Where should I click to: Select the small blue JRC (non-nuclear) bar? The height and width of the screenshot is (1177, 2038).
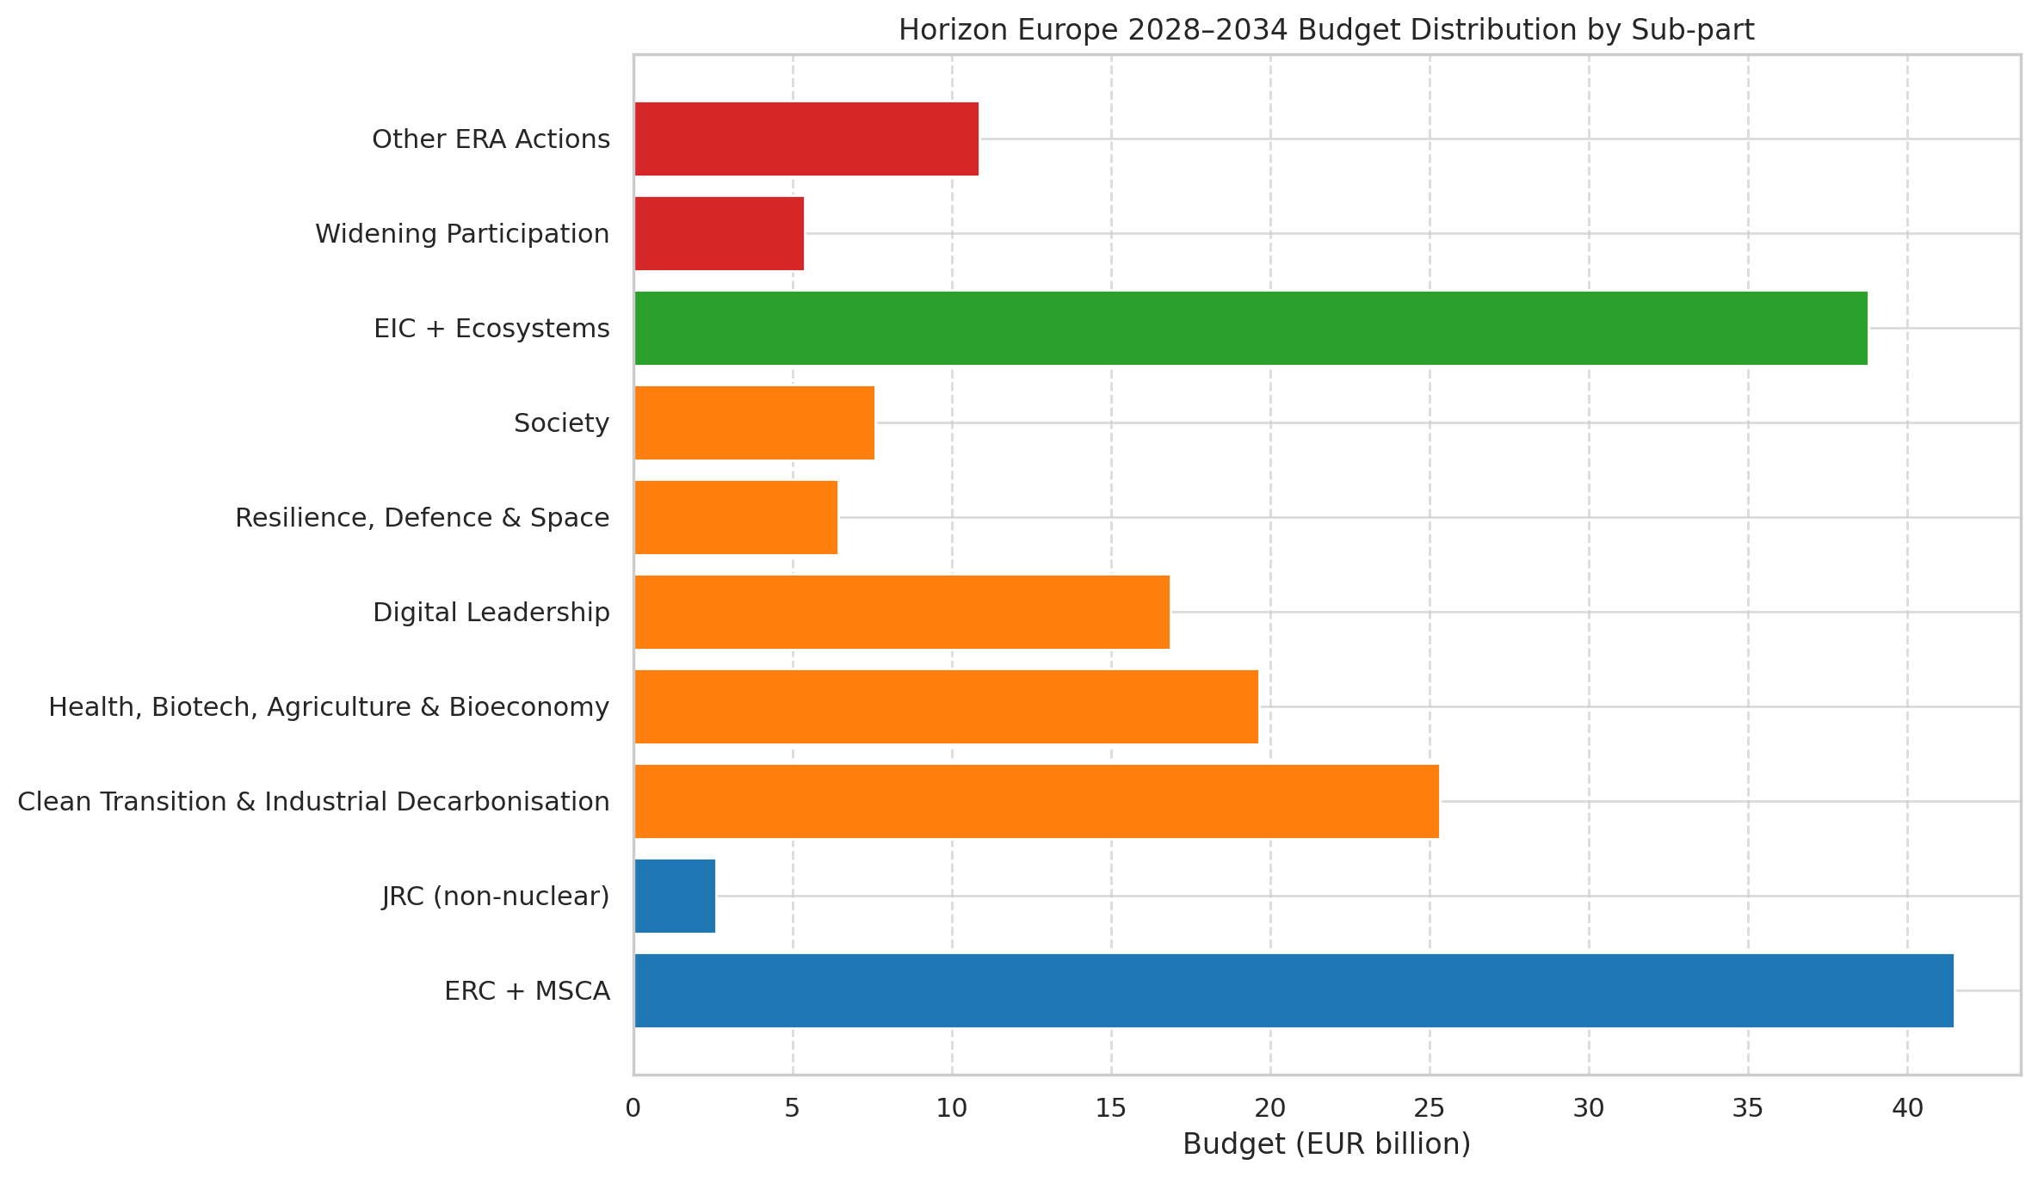tap(675, 896)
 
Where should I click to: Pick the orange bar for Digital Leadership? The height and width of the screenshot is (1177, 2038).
tap(902, 612)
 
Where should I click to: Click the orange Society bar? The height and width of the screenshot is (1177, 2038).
tap(754, 422)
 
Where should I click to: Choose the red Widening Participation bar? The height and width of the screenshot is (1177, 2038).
tap(719, 233)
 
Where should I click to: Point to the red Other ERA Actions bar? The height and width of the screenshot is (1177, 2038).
tap(806, 139)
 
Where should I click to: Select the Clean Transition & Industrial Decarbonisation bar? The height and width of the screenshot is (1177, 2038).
tap(1036, 801)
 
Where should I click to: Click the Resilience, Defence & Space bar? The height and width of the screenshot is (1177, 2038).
tap(736, 517)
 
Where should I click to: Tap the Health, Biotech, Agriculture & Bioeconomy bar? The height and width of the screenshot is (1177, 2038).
tap(946, 706)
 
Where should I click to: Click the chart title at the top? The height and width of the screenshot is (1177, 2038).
tap(1326, 30)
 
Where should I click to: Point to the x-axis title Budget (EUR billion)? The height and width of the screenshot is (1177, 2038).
tap(1326, 1144)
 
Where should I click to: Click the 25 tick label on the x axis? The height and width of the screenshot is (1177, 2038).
tap(1430, 1108)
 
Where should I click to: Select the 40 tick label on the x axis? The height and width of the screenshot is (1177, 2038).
tap(1907, 1108)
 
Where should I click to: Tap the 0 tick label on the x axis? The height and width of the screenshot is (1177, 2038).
tap(633, 1108)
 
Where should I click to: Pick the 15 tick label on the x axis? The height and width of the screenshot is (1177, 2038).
tap(1111, 1108)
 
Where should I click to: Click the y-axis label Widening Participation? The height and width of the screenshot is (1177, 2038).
tap(462, 234)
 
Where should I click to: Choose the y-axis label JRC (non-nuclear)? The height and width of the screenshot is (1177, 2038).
tap(496, 897)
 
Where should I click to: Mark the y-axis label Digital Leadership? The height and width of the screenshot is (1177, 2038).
tap(491, 613)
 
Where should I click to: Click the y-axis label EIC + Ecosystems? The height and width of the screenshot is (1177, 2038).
tap(491, 329)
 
